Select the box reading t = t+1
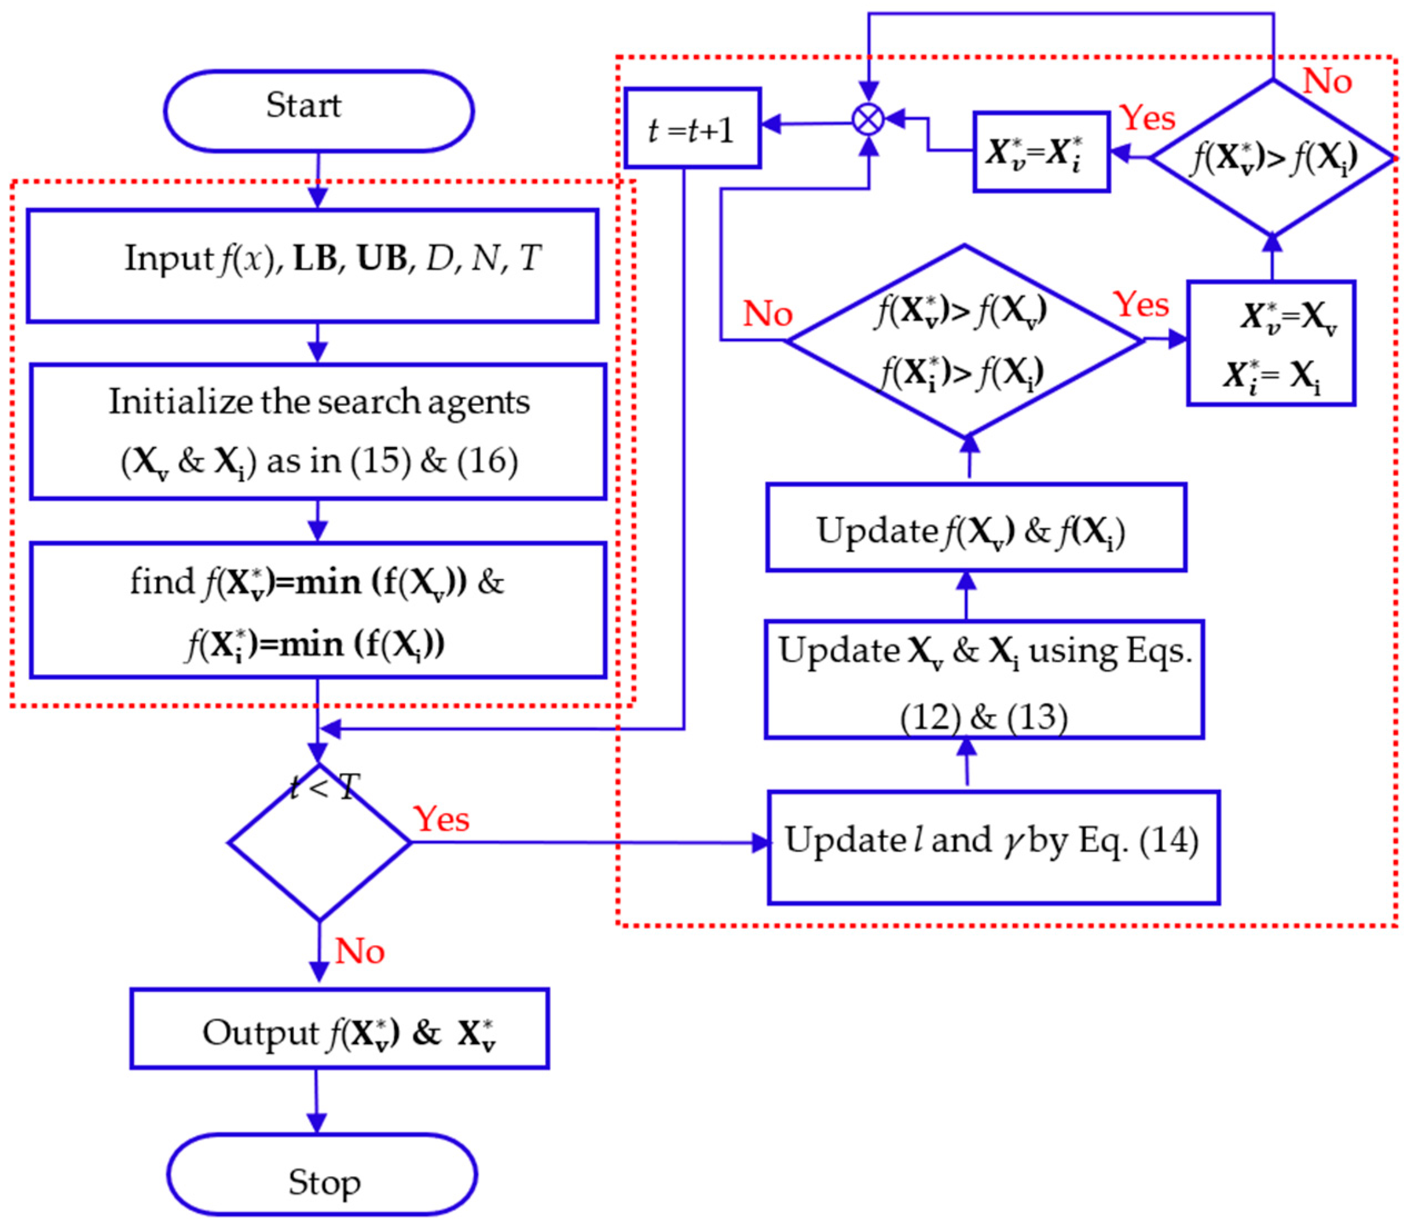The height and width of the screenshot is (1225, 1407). point(692,128)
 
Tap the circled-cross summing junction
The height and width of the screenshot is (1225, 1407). point(868,120)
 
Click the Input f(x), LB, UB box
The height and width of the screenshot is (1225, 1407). point(313,265)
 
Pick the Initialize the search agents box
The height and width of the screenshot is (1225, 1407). point(318,431)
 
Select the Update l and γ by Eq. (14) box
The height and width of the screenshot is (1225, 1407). point(993,847)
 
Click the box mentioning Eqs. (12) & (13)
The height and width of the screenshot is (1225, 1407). point(984,679)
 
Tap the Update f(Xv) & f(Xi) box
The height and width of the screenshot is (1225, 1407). point(975,527)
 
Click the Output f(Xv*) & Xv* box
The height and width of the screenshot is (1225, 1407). point(339,1028)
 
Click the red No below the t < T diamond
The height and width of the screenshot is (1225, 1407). point(360,951)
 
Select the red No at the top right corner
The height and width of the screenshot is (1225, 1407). point(1327,82)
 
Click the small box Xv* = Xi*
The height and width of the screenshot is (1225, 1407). point(1040,152)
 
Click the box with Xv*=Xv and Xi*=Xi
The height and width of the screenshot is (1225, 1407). point(1271,343)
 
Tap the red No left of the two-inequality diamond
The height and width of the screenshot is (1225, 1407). point(768,314)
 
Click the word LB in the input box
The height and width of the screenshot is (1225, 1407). point(316,259)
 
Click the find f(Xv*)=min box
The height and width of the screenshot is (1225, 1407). point(318,611)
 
